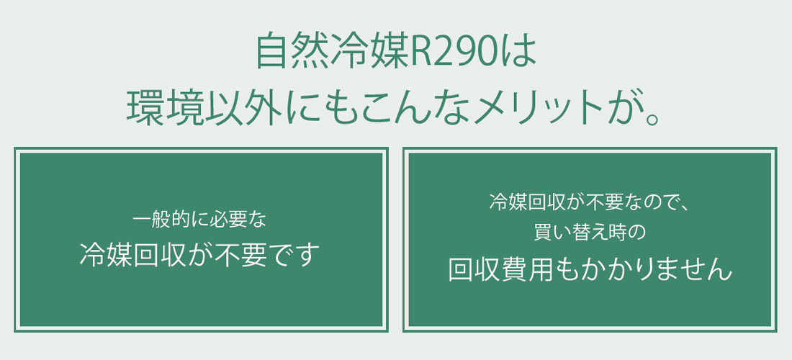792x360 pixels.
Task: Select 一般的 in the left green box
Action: click(x=157, y=218)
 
